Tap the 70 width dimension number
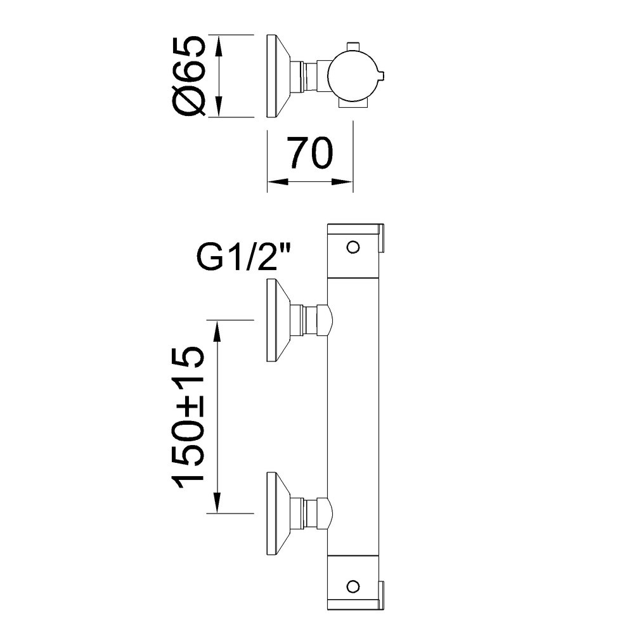(x=311, y=153)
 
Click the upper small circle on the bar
(x=353, y=247)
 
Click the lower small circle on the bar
(x=353, y=585)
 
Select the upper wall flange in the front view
(x=278, y=320)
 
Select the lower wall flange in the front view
(x=278, y=513)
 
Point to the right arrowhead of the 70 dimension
(x=342, y=182)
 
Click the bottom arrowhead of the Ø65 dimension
(x=218, y=107)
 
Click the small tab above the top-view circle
(x=353, y=46)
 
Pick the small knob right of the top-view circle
(x=382, y=75)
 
